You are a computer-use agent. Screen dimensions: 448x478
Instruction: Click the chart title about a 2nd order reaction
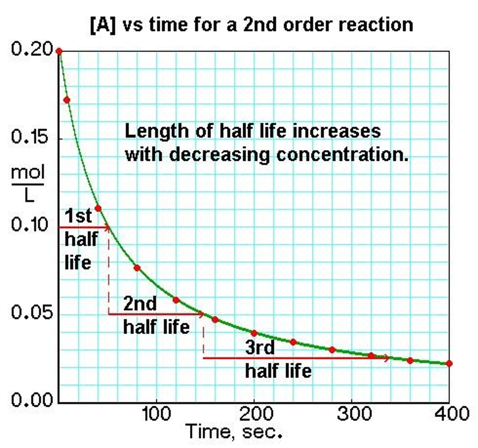(x=252, y=25)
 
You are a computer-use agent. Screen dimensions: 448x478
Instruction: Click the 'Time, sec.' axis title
(x=234, y=432)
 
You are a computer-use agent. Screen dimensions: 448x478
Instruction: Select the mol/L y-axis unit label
(x=28, y=184)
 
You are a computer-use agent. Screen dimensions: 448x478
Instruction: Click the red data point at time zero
(x=59, y=51)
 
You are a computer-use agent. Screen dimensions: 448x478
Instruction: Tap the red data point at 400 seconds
(x=449, y=364)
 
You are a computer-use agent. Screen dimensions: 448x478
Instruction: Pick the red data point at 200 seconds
(x=254, y=333)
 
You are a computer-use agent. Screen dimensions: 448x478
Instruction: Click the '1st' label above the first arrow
(x=78, y=216)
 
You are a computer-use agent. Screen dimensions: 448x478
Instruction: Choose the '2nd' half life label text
(x=140, y=304)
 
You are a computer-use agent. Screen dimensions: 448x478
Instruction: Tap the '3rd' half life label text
(x=260, y=348)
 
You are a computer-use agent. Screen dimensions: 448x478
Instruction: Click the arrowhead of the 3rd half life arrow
(x=387, y=358)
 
